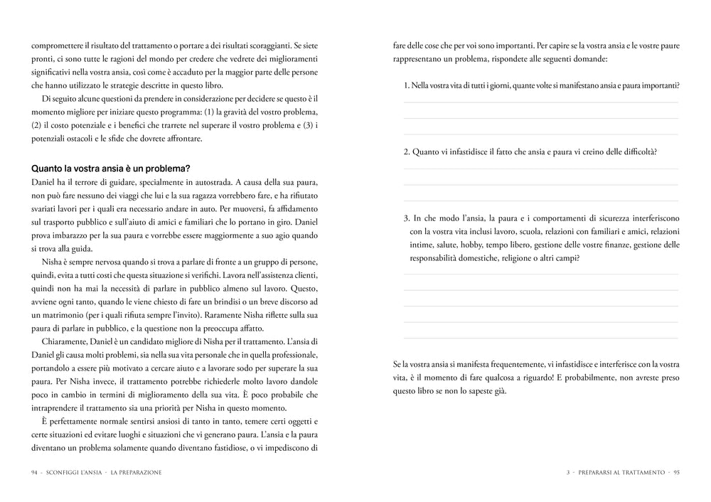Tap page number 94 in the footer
(x=35, y=472)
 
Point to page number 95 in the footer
(x=676, y=472)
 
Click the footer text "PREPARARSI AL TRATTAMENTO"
(x=621, y=472)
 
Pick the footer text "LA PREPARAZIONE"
(x=137, y=472)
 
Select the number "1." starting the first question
(x=407, y=85)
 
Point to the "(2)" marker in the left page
(x=37, y=125)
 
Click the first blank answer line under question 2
(x=540, y=169)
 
